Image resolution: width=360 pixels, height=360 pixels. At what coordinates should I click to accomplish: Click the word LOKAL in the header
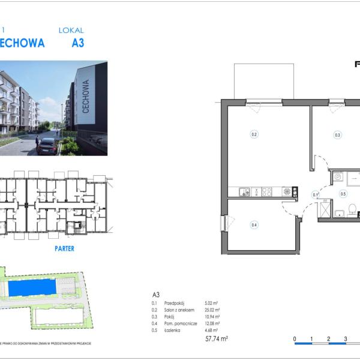pyautogui.click(x=71, y=30)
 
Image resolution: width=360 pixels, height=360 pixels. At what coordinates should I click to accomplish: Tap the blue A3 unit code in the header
pyautogui.click(x=77, y=43)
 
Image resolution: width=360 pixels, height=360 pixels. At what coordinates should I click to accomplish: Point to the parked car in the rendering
pyautogui.click(x=47, y=146)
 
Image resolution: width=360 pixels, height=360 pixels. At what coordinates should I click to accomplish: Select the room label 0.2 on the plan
pyautogui.click(x=254, y=134)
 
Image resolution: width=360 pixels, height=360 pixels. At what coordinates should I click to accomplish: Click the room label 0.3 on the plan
pyautogui.click(x=338, y=135)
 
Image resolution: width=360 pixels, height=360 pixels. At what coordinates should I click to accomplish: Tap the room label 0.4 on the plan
pyautogui.click(x=254, y=225)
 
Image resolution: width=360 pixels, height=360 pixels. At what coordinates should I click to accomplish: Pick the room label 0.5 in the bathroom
pyautogui.click(x=343, y=194)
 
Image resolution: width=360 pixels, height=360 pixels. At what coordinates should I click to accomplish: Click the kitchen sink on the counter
pyautogui.click(x=244, y=192)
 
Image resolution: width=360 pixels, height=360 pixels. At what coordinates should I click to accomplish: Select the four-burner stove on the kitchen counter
pyautogui.click(x=266, y=192)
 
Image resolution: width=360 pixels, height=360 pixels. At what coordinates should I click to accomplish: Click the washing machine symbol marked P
pyautogui.click(x=338, y=177)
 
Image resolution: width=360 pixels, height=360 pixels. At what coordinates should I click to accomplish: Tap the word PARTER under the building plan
pyautogui.click(x=64, y=248)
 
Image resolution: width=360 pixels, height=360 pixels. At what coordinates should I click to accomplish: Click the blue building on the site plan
pyautogui.click(x=34, y=288)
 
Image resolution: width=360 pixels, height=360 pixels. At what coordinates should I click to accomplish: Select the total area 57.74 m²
pyautogui.click(x=216, y=339)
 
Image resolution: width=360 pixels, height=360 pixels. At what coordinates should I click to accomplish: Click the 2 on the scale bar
pyautogui.click(x=329, y=339)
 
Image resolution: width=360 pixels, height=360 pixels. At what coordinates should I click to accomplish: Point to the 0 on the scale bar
pyautogui.click(x=295, y=339)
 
